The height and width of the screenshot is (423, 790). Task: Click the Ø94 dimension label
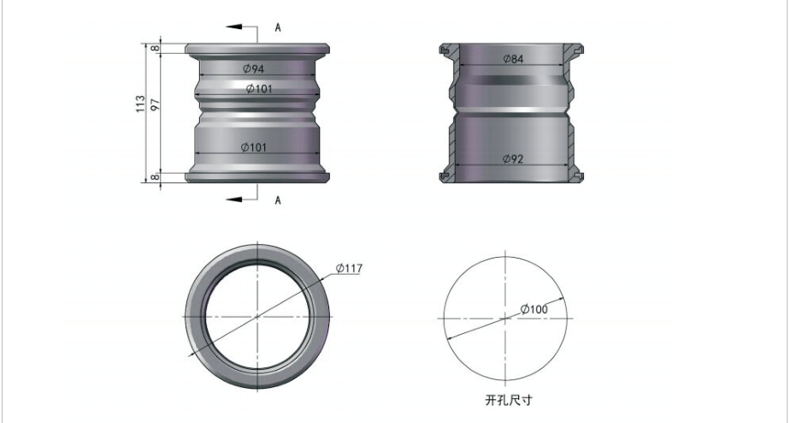[253, 69]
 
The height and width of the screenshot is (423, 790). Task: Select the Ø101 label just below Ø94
[259, 89]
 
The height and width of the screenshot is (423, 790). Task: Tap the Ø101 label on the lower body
[253, 147]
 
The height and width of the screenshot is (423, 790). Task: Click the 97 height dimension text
[156, 104]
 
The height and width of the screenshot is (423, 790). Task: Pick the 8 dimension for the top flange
[156, 49]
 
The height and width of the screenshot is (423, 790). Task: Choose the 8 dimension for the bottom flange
[156, 177]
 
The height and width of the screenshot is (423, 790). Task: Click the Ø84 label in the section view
[513, 59]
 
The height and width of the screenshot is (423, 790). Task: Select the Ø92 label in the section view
[513, 159]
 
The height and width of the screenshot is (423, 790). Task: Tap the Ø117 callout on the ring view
[349, 268]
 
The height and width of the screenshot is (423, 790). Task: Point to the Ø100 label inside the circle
[534, 309]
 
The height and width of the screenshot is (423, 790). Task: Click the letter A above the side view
[278, 27]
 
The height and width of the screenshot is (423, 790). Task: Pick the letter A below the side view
[278, 200]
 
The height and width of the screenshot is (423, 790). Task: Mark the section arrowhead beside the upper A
[233, 27]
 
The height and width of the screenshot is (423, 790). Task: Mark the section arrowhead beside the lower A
[233, 200]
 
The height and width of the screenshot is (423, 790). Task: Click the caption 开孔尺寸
[509, 400]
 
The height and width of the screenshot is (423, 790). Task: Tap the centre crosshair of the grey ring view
[257, 317]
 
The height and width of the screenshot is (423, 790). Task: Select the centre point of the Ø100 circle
[505, 319]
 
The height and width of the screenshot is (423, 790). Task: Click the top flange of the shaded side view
[257, 49]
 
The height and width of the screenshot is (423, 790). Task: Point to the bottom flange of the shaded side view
[257, 176]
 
